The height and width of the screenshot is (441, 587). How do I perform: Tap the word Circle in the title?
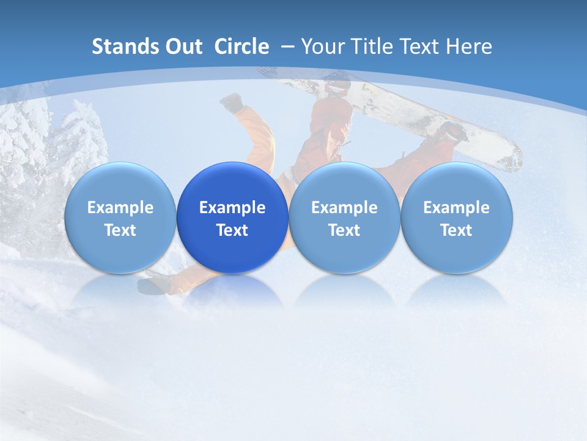pyautogui.click(x=242, y=47)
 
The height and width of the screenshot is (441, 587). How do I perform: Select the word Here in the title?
pyautogui.click(x=469, y=47)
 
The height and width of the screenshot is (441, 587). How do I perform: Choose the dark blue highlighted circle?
pyautogui.click(x=232, y=218)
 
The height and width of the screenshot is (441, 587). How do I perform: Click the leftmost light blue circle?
pyautogui.click(x=120, y=218)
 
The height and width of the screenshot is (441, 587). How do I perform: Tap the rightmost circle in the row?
pyautogui.click(x=456, y=218)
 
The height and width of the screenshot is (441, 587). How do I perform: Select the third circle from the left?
pyautogui.click(x=344, y=218)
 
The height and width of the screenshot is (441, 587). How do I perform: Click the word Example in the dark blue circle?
pyautogui.click(x=232, y=208)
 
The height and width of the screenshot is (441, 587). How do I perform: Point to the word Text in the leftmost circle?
pyautogui.click(x=120, y=230)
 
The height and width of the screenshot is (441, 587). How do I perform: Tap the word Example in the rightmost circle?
pyautogui.click(x=456, y=208)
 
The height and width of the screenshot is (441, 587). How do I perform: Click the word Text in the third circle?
pyautogui.click(x=344, y=230)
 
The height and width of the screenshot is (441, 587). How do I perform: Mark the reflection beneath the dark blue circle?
pyautogui.click(x=232, y=291)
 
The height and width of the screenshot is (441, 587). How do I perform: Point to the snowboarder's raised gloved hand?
pyautogui.click(x=232, y=102)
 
